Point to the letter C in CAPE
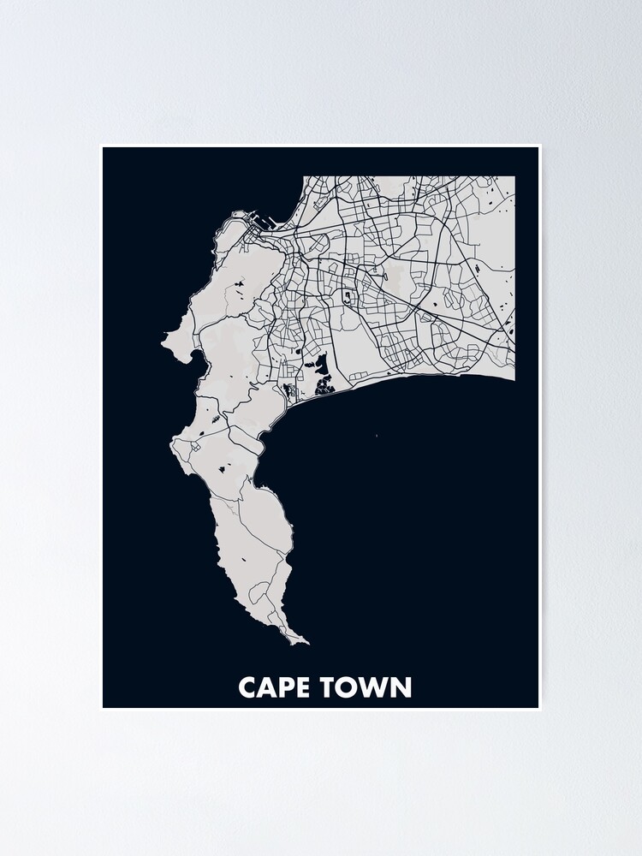(248, 687)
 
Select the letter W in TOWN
(374, 687)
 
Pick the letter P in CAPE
(285, 687)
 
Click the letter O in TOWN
(350, 687)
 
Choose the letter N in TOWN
(401, 687)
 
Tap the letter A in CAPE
(266, 687)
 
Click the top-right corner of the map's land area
(514, 177)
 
